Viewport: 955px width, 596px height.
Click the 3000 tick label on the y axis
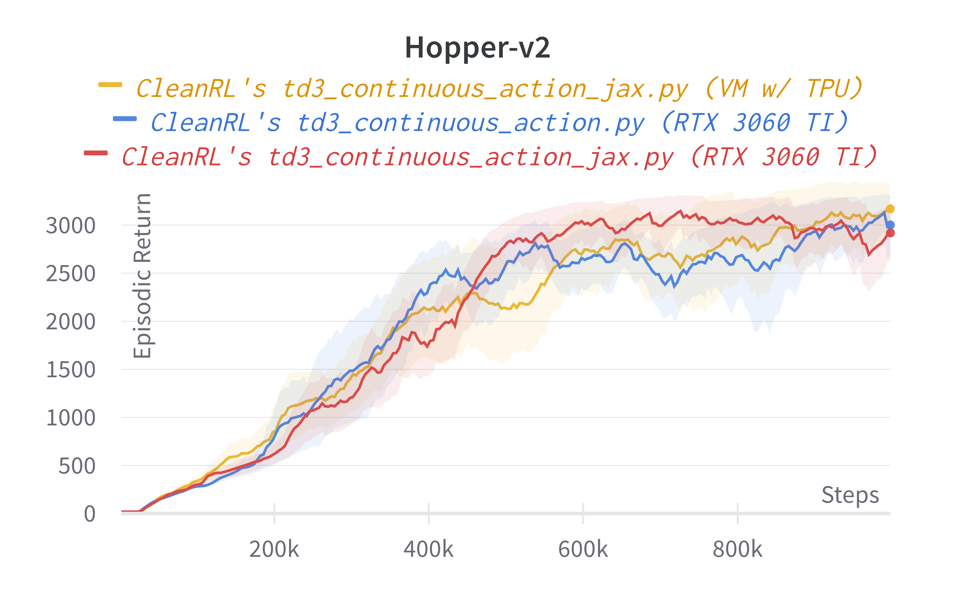point(71,226)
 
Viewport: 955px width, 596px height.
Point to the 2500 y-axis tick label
point(71,274)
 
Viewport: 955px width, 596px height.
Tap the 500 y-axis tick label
point(77,466)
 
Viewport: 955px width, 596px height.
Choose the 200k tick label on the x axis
point(274,549)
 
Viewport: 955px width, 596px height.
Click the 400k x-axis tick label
point(428,549)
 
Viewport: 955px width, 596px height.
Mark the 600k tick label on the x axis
point(583,549)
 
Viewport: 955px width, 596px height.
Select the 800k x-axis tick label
point(738,549)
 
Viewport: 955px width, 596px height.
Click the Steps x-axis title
point(850,495)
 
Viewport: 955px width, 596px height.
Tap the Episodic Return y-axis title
point(142,276)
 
